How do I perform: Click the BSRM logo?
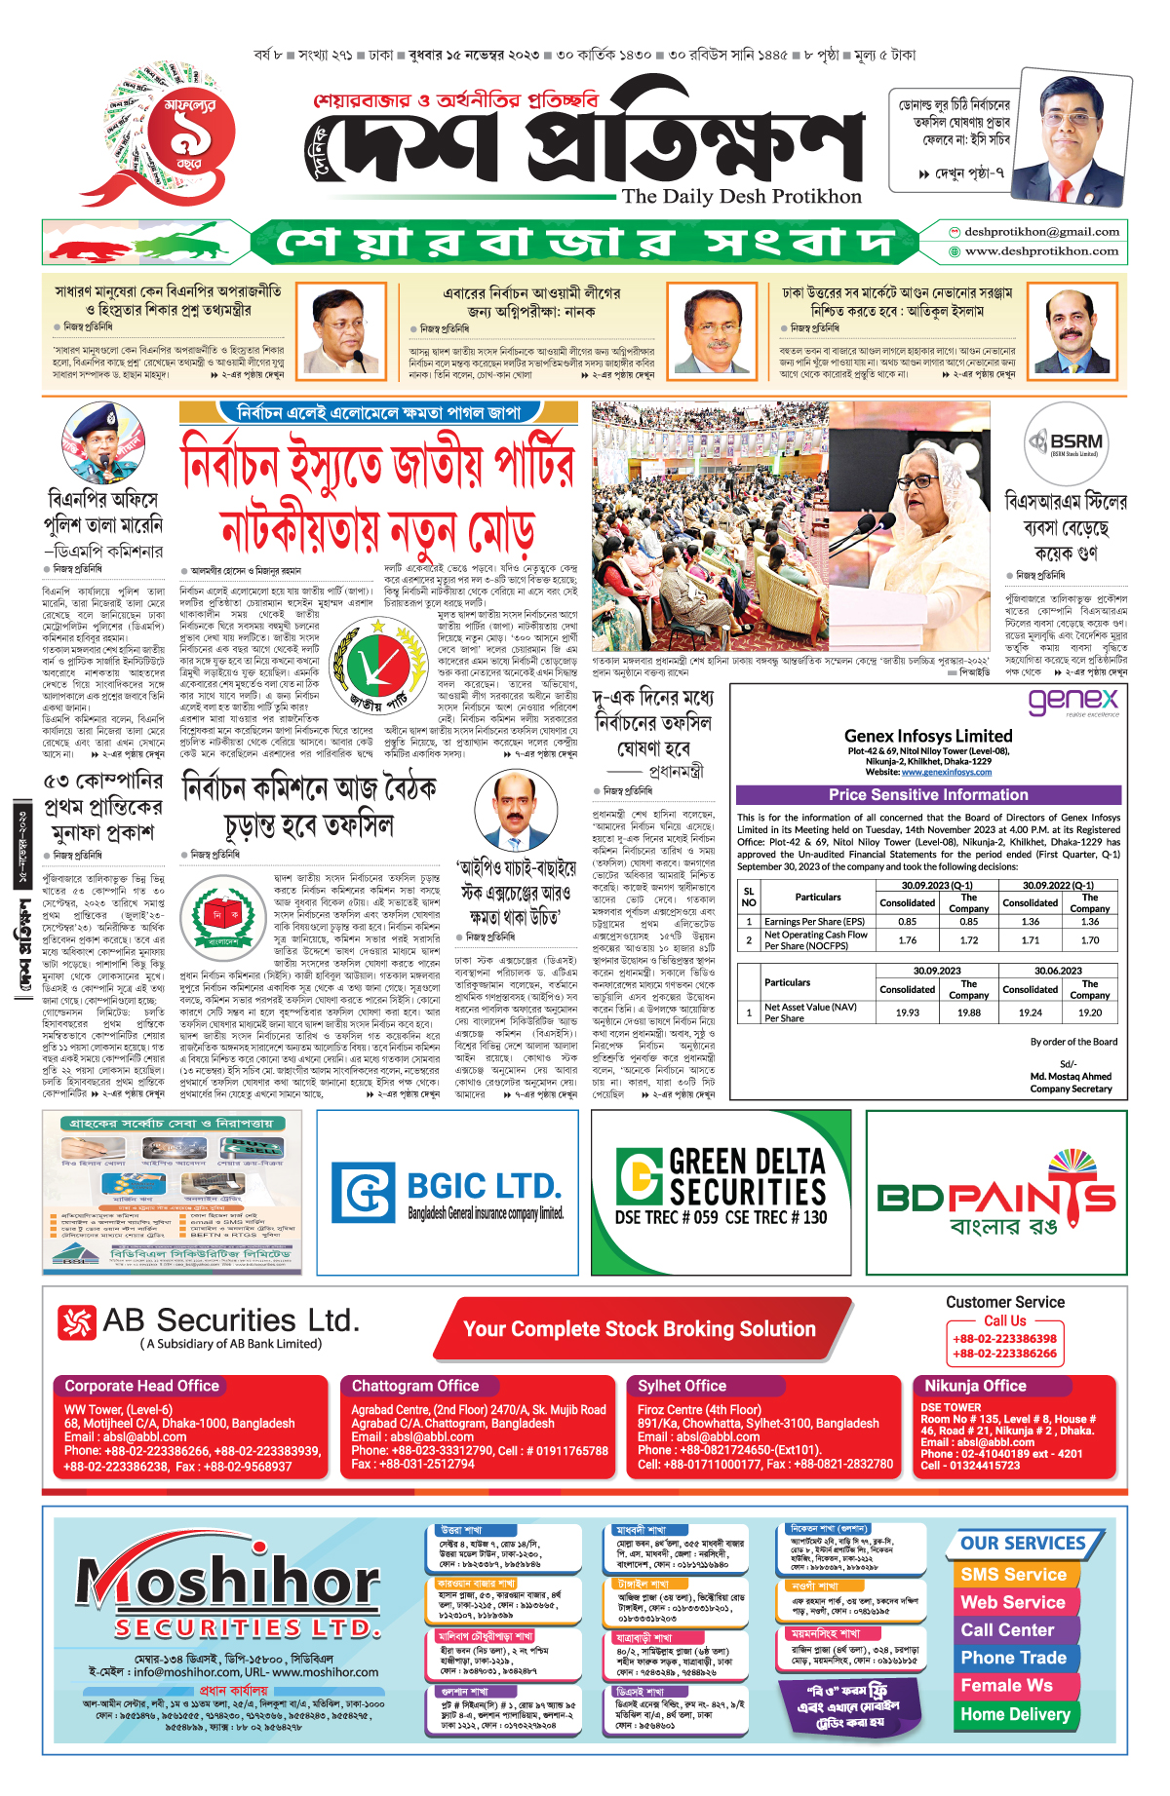click(x=1066, y=442)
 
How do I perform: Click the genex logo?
click(x=1073, y=701)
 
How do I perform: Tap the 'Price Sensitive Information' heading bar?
click(x=928, y=795)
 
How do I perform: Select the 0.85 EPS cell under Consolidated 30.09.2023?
click(x=907, y=921)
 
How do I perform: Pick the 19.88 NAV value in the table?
click(x=968, y=1013)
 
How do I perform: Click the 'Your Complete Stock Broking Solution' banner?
click(x=640, y=1329)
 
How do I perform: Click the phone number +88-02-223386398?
click(x=1004, y=1339)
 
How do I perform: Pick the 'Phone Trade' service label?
click(x=1013, y=1658)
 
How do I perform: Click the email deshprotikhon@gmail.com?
click(x=1041, y=232)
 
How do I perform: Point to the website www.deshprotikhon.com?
click(x=1041, y=251)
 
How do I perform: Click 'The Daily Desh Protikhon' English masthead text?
click(x=742, y=197)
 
